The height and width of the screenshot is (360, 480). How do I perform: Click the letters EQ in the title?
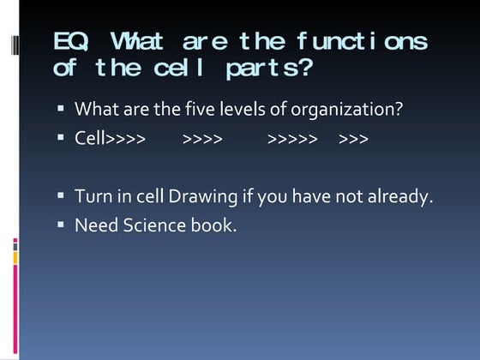[x=68, y=41]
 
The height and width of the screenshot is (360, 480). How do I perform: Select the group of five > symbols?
[x=292, y=138]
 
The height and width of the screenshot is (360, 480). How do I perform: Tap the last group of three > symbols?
[x=354, y=138]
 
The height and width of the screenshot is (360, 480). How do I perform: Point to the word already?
[x=401, y=196]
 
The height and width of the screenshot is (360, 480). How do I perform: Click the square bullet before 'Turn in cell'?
[x=61, y=196]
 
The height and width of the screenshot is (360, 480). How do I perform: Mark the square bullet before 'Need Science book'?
[x=61, y=225]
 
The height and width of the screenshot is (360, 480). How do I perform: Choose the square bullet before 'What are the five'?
[x=61, y=110]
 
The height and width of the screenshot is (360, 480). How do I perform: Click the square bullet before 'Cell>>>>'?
[x=61, y=138]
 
